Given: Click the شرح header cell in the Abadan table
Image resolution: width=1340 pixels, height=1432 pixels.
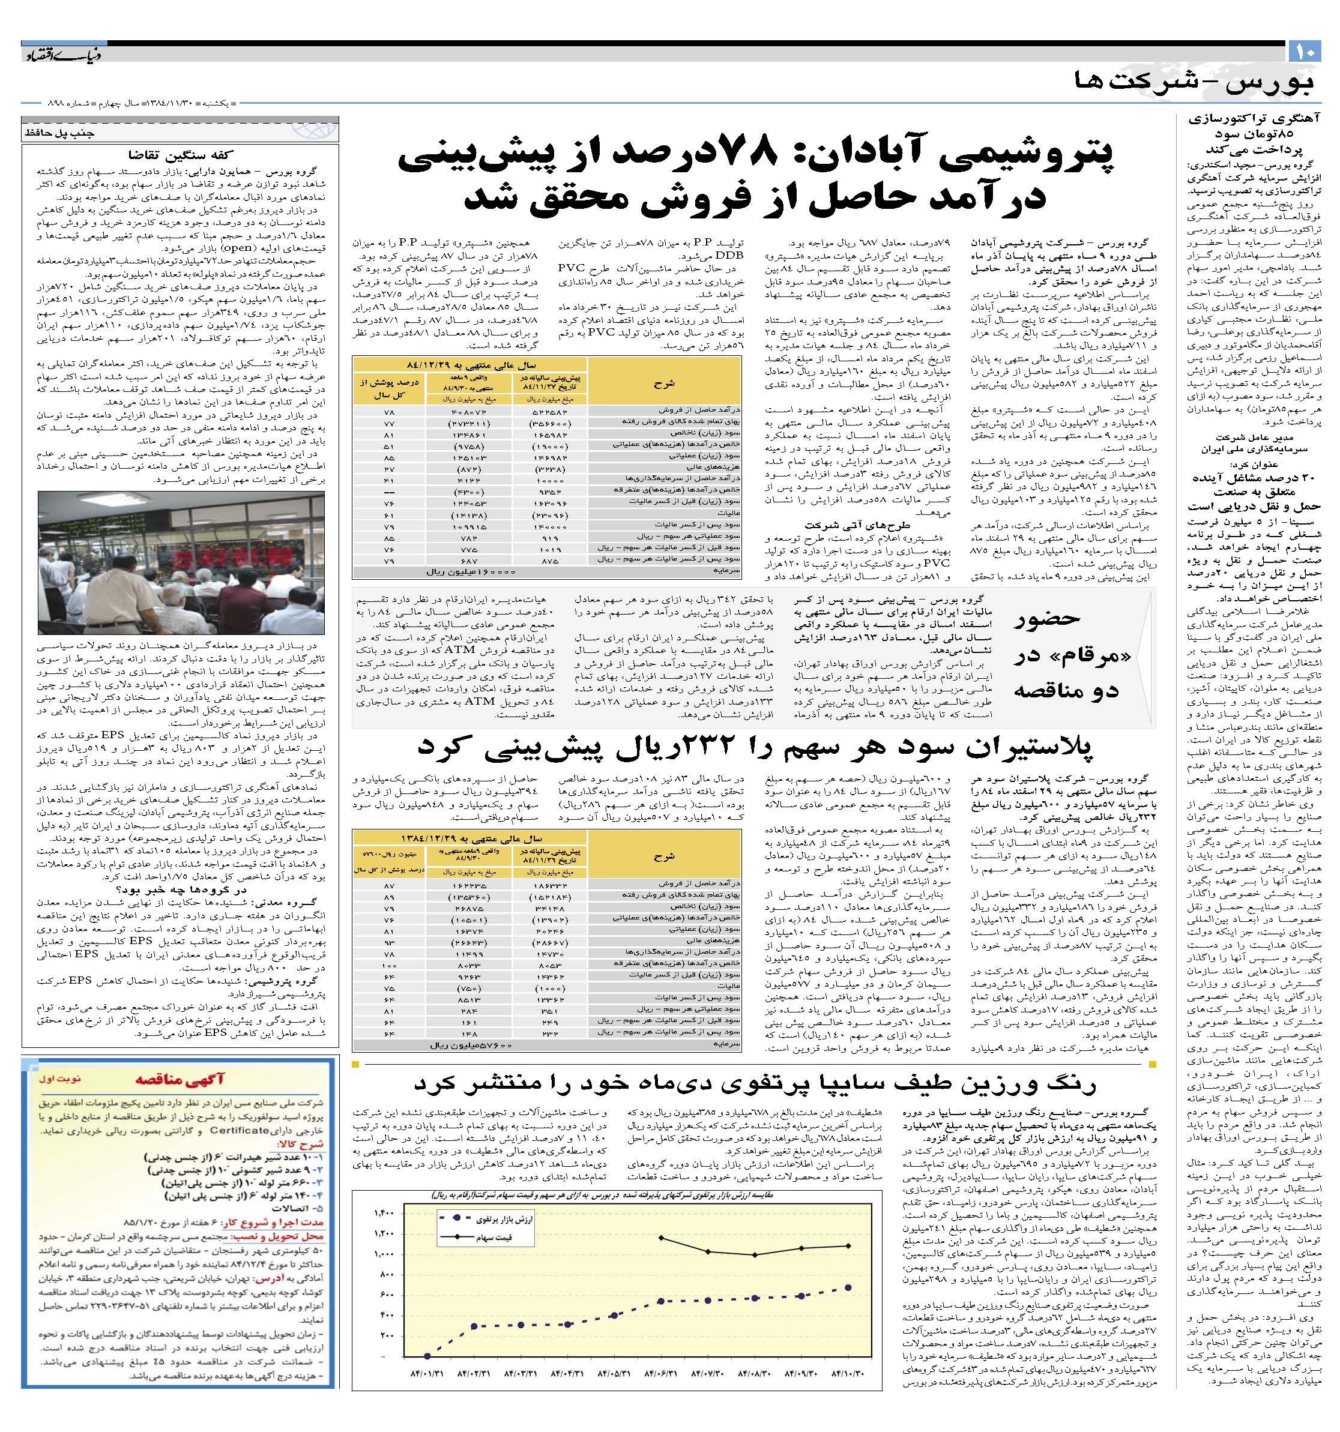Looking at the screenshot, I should pyautogui.click(x=663, y=384).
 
